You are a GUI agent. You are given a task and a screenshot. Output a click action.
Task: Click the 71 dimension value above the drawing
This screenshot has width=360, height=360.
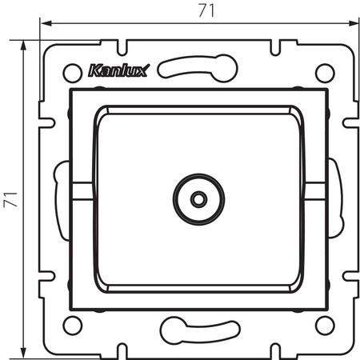click(x=191, y=11)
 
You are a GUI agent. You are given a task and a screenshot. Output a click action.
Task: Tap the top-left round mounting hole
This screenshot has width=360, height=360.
click(x=72, y=71)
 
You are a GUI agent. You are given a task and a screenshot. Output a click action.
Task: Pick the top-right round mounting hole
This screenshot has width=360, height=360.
click(x=324, y=71)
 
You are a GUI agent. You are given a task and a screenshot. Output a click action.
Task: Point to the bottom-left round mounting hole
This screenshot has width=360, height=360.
click(x=72, y=325)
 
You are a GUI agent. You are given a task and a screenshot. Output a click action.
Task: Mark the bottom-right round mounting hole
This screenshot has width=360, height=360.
click(x=324, y=325)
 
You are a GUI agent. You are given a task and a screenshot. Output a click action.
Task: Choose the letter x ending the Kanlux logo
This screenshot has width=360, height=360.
click(x=134, y=70)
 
